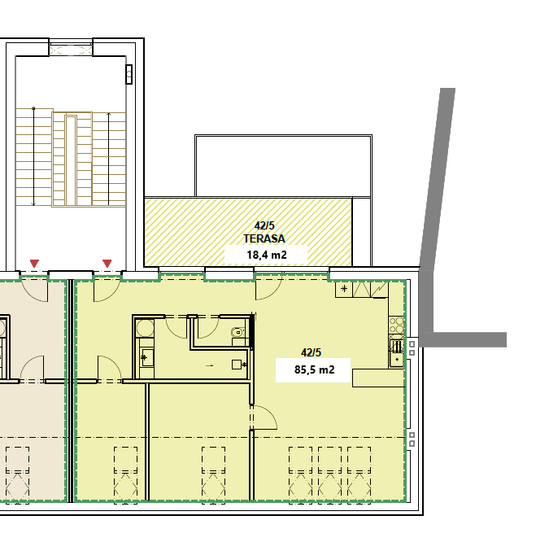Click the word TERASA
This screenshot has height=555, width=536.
coord(264,238)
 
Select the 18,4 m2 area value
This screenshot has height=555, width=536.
coord(266,255)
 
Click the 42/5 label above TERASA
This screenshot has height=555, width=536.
coord(265,225)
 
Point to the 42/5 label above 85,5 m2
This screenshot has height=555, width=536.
coord(312,352)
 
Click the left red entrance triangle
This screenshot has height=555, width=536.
coord(34,263)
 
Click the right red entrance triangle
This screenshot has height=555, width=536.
coord(107,263)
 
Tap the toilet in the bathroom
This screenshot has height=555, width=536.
coord(237,331)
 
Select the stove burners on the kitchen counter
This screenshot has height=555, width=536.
coord(397,326)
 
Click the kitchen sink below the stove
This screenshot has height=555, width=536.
coord(397,349)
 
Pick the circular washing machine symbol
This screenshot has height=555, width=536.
coord(146,329)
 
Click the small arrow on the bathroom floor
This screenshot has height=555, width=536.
coord(210,366)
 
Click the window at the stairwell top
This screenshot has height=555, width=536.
coord(71,49)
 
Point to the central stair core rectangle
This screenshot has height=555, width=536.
coord(71,160)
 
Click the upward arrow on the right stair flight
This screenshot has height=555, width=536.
coord(108,159)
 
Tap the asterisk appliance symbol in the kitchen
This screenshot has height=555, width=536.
coord(345,289)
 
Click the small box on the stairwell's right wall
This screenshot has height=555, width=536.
coord(129,74)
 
